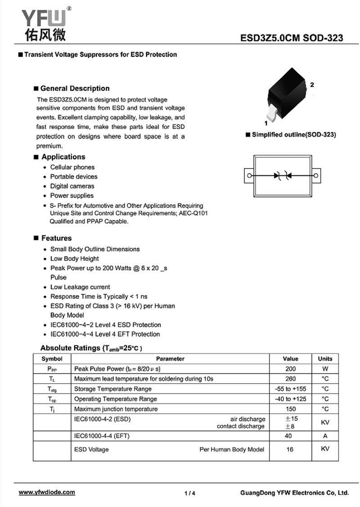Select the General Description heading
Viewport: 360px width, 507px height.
[x=75, y=88]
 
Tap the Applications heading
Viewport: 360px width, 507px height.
[x=63, y=157]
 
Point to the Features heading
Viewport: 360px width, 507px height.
[x=56, y=238]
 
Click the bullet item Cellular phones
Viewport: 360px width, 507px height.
[x=72, y=167]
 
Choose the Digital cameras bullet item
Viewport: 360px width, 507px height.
[x=72, y=186]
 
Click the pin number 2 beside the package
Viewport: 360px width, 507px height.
[x=312, y=85]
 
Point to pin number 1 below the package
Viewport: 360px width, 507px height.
[x=266, y=122]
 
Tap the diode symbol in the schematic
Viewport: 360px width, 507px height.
[x=283, y=175]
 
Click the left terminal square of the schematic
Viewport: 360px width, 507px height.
[x=248, y=175]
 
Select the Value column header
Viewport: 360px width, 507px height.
[x=290, y=359]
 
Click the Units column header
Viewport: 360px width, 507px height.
[x=325, y=359]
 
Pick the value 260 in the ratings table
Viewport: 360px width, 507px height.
[x=291, y=379]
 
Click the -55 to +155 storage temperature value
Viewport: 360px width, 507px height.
[x=291, y=389]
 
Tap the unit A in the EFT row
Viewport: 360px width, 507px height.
[x=325, y=436]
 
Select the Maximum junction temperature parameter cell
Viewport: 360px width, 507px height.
[x=116, y=409]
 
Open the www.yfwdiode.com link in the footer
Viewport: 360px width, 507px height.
[x=47, y=492]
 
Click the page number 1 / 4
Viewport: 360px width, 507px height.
[x=190, y=493]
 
